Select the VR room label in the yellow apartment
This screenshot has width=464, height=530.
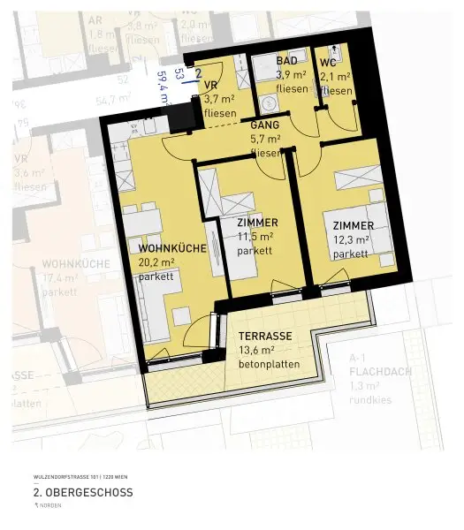210,85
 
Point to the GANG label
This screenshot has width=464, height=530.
264,126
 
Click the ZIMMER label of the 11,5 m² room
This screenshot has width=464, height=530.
257,223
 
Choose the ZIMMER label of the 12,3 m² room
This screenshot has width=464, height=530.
347,225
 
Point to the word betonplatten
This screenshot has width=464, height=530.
269,364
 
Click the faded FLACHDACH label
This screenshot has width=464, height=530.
380,371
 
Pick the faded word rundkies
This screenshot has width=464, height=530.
371,399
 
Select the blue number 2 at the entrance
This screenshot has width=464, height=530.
198,73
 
